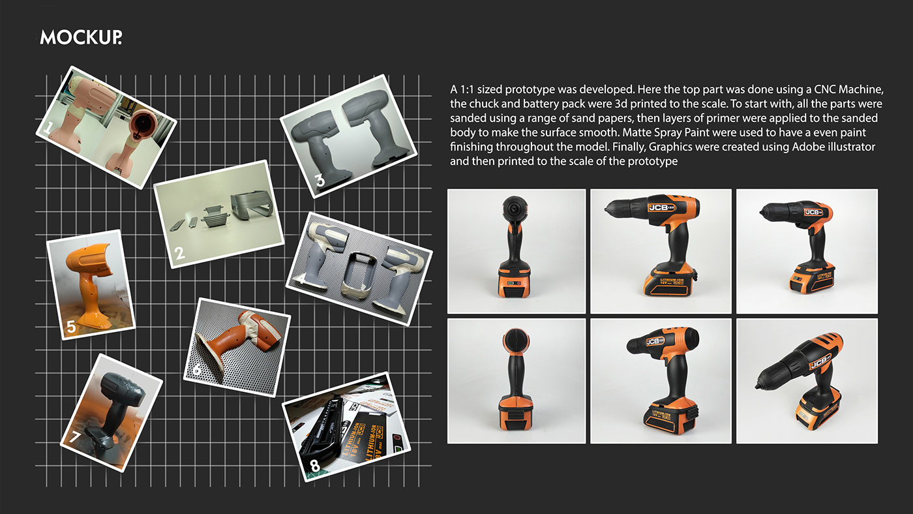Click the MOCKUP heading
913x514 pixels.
pyautogui.click(x=81, y=37)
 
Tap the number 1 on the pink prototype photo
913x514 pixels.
pyautogui.click(x=48, y=128)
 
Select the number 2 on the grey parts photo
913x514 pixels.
pyautogui.click(x=180, y=254)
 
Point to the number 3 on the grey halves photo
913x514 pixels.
pyautogui.click(x=320, y=180)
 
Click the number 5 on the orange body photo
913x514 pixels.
pyautogui.click(x=71, y=327)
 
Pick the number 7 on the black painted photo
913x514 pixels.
pyautogui.click(x=75, y=438)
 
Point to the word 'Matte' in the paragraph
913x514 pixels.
pyautogui.click(x=638, y=132)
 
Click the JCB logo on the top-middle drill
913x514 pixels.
pyautogui.click(x=661, y=207)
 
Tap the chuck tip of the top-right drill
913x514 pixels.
pyautogui.click(x=761, y=212)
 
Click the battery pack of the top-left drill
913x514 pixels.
pyautogui.click(x=515, y=281)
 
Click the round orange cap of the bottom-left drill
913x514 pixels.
pyautogui.click(x=516, y=340)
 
